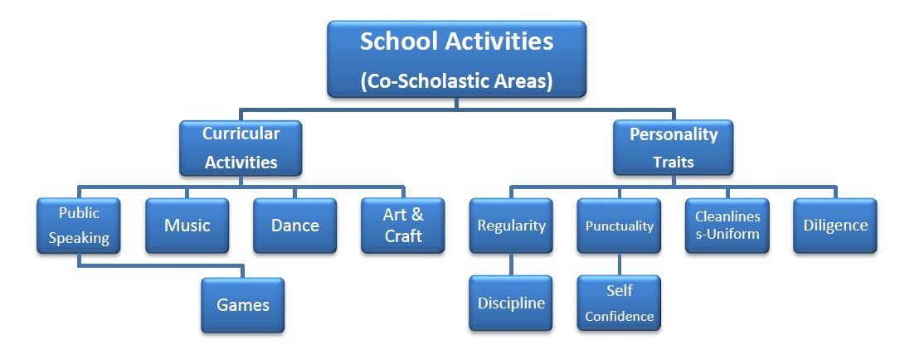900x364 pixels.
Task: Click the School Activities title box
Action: click(456, 59)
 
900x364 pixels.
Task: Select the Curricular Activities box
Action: click(241, 148)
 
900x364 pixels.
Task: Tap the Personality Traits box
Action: click(673, 148)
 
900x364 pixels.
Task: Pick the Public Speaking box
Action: click(79, 226)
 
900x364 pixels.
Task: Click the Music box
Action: click(187, 226)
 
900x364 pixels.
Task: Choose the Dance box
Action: click(295, 226)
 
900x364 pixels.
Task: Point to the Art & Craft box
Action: click(403, 226)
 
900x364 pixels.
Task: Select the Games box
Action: click(243, 305)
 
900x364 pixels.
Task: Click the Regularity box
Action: click(511, 226)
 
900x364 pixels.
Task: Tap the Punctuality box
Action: click(619, 226)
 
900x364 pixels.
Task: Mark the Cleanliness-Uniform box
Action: click(727, 226)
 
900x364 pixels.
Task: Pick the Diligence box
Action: click(835, 226)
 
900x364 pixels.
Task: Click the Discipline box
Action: click(511, 303)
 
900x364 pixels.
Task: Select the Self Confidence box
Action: click(619, 303)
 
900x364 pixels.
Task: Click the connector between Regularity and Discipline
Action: click(511, 265)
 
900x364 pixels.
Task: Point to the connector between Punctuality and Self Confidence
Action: click(619, 265)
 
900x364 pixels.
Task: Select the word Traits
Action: click(674, 163)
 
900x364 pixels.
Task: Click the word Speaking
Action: click(79, 239)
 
